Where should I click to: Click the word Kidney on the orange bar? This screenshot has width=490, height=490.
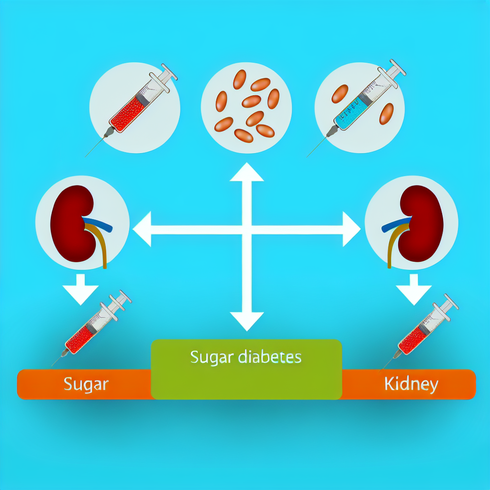[x=411, y=384]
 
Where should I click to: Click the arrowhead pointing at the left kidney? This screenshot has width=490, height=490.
[x=143, y=230]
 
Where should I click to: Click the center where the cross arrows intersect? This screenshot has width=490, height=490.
[x=247, y=230]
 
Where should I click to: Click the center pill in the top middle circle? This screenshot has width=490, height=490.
[x=251, y=101]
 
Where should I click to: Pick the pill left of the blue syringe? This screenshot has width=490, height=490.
[x=339, y=94]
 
